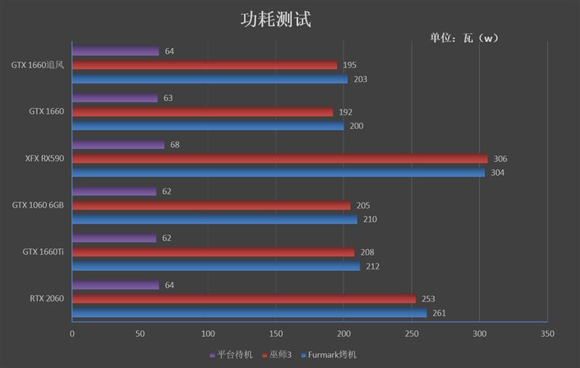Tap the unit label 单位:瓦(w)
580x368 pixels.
click(x=465, y=38)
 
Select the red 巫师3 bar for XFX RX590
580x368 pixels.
click(x=280, y=159)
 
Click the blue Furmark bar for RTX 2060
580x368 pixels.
click(x=249, y=313)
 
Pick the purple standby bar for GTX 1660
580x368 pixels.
click(x=115, y=98)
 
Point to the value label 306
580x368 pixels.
click(x=500, y=159)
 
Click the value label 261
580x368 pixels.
click(x=439, y=314)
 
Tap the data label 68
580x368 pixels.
click(x=175, y=145)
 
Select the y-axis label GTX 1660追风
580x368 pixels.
click(x=38, y=65)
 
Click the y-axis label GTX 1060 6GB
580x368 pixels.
click(x=38, y=205)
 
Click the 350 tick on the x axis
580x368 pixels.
click(x=547, y=334)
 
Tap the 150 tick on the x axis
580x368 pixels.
click(x=275, y=334)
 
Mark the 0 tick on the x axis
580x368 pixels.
click(x=72, y=334)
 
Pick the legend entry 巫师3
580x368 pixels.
click(x=278, y=355)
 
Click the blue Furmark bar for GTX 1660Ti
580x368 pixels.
click(x=216, y=266)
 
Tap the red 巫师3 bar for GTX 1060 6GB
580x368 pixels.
click(x=211, y=205)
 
